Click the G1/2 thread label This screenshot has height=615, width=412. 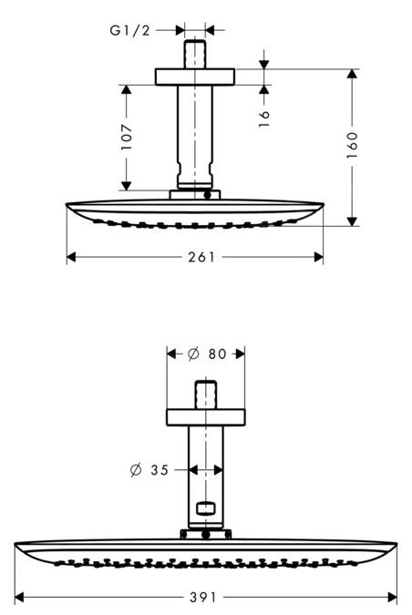coord(129,30)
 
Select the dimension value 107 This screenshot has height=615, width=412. coord(127,137)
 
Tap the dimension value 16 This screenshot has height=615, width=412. coord(264,118)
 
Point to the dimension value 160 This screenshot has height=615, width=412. coord(353,145)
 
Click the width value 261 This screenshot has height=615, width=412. coord(201,257)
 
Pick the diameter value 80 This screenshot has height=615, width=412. coord(218,354)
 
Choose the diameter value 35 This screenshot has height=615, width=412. coord(160,470)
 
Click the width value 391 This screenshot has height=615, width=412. coord(203,598)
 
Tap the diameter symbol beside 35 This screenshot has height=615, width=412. coord(136,470)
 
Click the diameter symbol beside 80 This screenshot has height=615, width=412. coord(193,354)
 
